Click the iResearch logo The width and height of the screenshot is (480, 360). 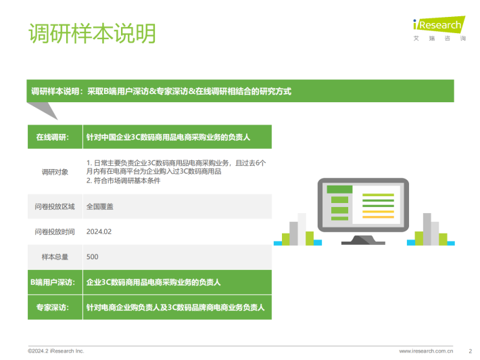tap(439, 28)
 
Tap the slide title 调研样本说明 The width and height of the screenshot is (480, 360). tap(92, 33)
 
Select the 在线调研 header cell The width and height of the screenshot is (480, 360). tap(55, 137)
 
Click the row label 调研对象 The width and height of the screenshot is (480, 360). tap(55, 172)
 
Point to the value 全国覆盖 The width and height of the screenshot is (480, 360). tap(100, 206)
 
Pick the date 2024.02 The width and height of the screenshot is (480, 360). tap(99, 231)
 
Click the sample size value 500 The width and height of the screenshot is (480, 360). tap(92, 256)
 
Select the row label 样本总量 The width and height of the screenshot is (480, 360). tap(55, 256)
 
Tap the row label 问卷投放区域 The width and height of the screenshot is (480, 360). tap(55, 206)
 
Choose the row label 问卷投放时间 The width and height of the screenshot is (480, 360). tap(55, 231)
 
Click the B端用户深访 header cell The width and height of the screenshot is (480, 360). tap(55, 282)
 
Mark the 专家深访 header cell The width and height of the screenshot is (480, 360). tap(55, 307)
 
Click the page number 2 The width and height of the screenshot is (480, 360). tap(471, 351)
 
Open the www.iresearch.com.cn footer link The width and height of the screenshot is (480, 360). tap(426, 351)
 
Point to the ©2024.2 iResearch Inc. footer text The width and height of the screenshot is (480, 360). tap(55, 351)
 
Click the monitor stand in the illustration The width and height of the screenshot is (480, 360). tap(363, 240)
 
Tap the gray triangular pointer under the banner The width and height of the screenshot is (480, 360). tap(43, 110)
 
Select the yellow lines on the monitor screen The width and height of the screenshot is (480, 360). tap(378, 214)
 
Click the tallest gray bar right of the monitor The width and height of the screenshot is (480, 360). tap(427, 229)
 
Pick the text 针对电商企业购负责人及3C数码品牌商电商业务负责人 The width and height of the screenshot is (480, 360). tap(175, 307)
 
